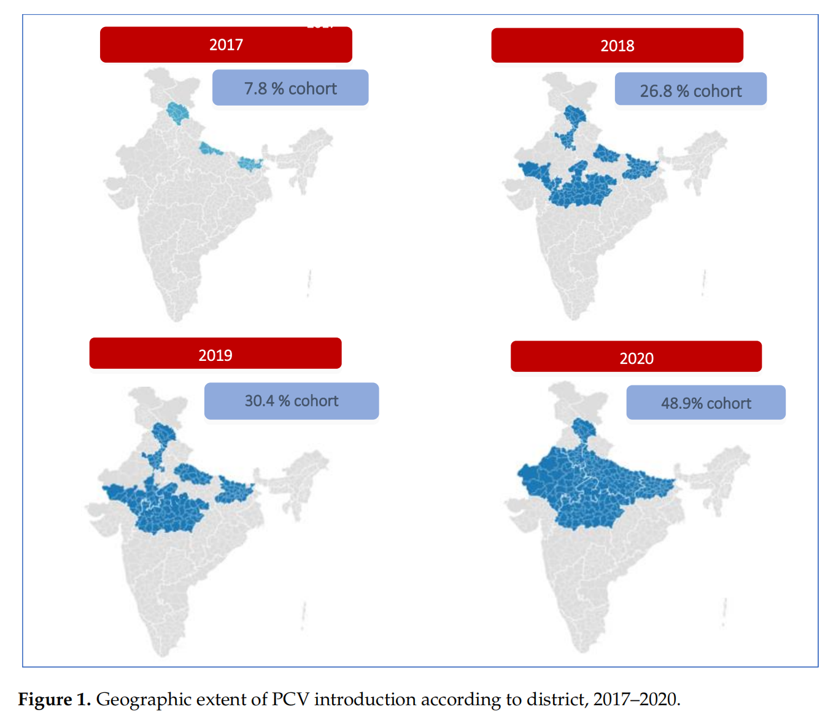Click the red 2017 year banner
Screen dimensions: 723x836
(x=226, y=45)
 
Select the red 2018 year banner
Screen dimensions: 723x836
(x=617, y=45)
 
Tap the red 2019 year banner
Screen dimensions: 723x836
(x=215, y=354)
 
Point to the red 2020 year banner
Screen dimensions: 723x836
(x=636, y=357)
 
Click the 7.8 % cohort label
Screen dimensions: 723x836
(x=290, y=88)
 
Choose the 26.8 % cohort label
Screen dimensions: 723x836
(x=691, y=90)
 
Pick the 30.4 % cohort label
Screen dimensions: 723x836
(x=292, y=401)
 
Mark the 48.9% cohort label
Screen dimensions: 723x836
(x=706, y=403)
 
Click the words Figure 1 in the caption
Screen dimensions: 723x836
(x=54, y=700)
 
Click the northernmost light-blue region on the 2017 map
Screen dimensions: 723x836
(x=178, y=112)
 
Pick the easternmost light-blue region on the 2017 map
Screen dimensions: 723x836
(x=250, y=163)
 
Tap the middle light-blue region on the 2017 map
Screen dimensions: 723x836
(x=210, y=149)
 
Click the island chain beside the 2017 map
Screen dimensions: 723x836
(x=309, y=284)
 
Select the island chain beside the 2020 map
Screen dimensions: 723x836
(x=726, y=611)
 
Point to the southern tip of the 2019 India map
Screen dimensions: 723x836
(x=163, y=652)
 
